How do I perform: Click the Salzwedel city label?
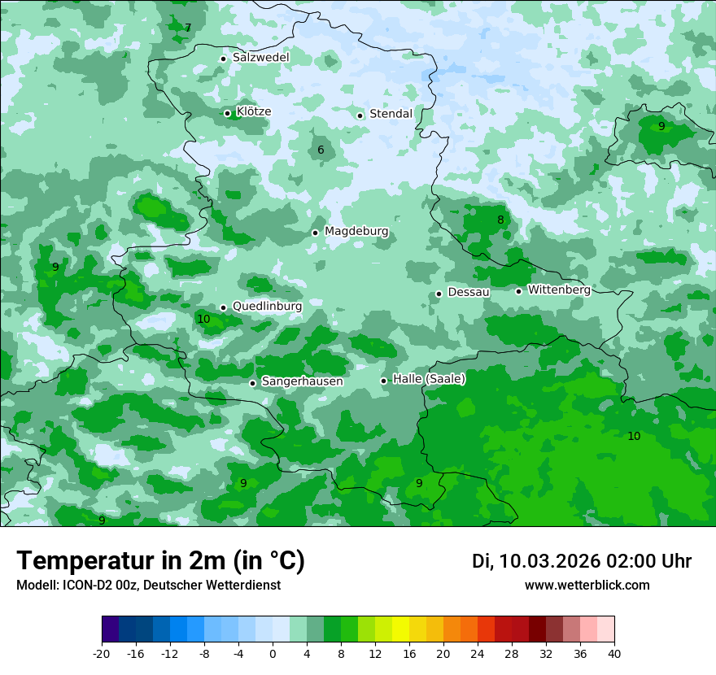pyautogui.click(x=260, y=58)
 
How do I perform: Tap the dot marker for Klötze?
pyautogui.click(x=228, y=113)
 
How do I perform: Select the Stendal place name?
pyautogui.click(x=391, y=114)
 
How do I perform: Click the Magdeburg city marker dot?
pyautogui.click(x=315, y=233)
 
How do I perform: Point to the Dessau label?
pyautogui.click(x=468, y=292)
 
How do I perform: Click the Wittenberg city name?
pyautogui.click(x=559, y=290)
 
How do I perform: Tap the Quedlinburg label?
pyautogui.click(x=267, y=306)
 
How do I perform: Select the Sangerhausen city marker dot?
pyautogui.click(x=253, y=383)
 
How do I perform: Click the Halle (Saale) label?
pyautogui.click(x=429, y=379)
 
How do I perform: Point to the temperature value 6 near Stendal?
pyautogui.click(x=321, y=150)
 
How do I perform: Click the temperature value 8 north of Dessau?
pyautogui.click(x=501, y=220)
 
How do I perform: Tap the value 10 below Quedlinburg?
pyautogui.click(x=203, y=319)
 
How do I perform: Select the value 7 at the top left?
pyautogui.click(x=188, y=28)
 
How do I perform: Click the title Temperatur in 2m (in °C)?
pyautogui.click(x=160, y=560)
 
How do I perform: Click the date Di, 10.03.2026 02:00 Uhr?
pyautogui.click(x=582, y=561)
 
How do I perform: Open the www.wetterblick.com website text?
pyautogui.click(x=587, y=586)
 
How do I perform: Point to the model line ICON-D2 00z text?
pyautogui.click(x=148, y=586)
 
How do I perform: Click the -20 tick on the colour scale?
pyautogui.click(x=102, y=654)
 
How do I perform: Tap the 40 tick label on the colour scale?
pyautogui.click(x=614, y=654)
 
